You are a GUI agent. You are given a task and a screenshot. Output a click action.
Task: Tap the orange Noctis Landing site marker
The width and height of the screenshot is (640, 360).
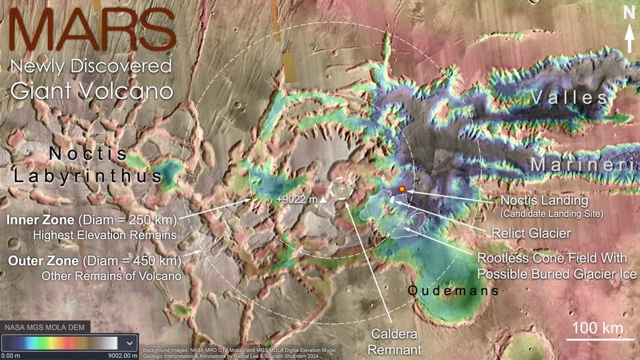[x=402, y=189]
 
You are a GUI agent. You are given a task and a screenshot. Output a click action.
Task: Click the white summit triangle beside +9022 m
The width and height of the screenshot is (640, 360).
[x=323, y=199]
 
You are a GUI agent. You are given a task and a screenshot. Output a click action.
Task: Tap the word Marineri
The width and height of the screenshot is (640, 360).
[x=585, y=165]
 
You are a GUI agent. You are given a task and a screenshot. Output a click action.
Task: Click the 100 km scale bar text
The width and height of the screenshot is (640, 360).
[x=593, y=328]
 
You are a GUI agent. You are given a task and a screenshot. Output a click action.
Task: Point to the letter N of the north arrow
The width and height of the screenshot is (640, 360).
[x=628, y=11]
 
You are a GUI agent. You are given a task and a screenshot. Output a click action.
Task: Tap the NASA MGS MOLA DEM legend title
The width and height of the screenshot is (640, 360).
[x=44, y=327]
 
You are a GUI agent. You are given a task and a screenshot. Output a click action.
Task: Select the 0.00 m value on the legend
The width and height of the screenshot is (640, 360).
[x=13, y=356]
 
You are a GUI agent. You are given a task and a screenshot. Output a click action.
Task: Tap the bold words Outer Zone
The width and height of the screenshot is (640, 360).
[x=41, y=260]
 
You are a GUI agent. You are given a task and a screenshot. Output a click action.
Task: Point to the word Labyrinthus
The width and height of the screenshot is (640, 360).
[x=87, y=177]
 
